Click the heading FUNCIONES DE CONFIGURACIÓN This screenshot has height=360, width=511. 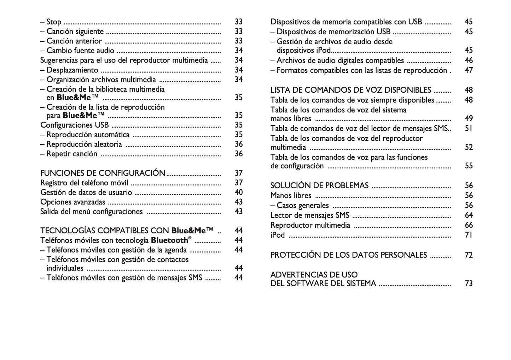pyautogui.click(x=103, y=173)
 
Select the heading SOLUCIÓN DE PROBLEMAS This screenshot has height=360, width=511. pyautogui.click(x=319, y=186)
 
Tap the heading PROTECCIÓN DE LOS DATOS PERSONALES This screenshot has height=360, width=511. pyautogui.click(x=348, y=255)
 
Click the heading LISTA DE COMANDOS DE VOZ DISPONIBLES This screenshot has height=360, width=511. pyautogui.click(x=350, y=90)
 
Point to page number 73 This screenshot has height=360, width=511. pyautogui.click(x=469, y=283)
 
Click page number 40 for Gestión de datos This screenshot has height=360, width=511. pyautogui.click(x=239, y=192)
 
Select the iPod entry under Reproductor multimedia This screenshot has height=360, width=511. pyautogui.click(x=277, y=235)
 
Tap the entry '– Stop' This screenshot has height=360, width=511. pyautogui.click(x=51, y=22)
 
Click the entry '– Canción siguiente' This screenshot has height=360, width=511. pyautogui.click(x=72, y=31)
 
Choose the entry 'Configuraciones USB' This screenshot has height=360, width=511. pyautogui.click(x=74, y=125)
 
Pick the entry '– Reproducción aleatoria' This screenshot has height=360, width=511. pyautogui.click(x=81, y=144)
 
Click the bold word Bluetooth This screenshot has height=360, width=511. pyautogui.click(x=169, y=240)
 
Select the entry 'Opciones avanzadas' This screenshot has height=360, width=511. pyautogui.click(x=72, y=202)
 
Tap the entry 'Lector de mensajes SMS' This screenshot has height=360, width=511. pyautogui.click(x=309, y=215)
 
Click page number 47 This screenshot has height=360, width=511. pyautogui.click(x=469, y=70)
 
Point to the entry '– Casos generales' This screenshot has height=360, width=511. pyautogui.click(x=300, y=205)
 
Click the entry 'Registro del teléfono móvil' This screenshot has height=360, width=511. pyautogui.click(x=84, y=183)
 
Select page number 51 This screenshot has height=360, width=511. pyautogui.click(x=469, y=128)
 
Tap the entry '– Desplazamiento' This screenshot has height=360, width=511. pyautogui.click(x=69, y=70)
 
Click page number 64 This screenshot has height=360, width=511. pyautogui.click(x=469, y=215)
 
